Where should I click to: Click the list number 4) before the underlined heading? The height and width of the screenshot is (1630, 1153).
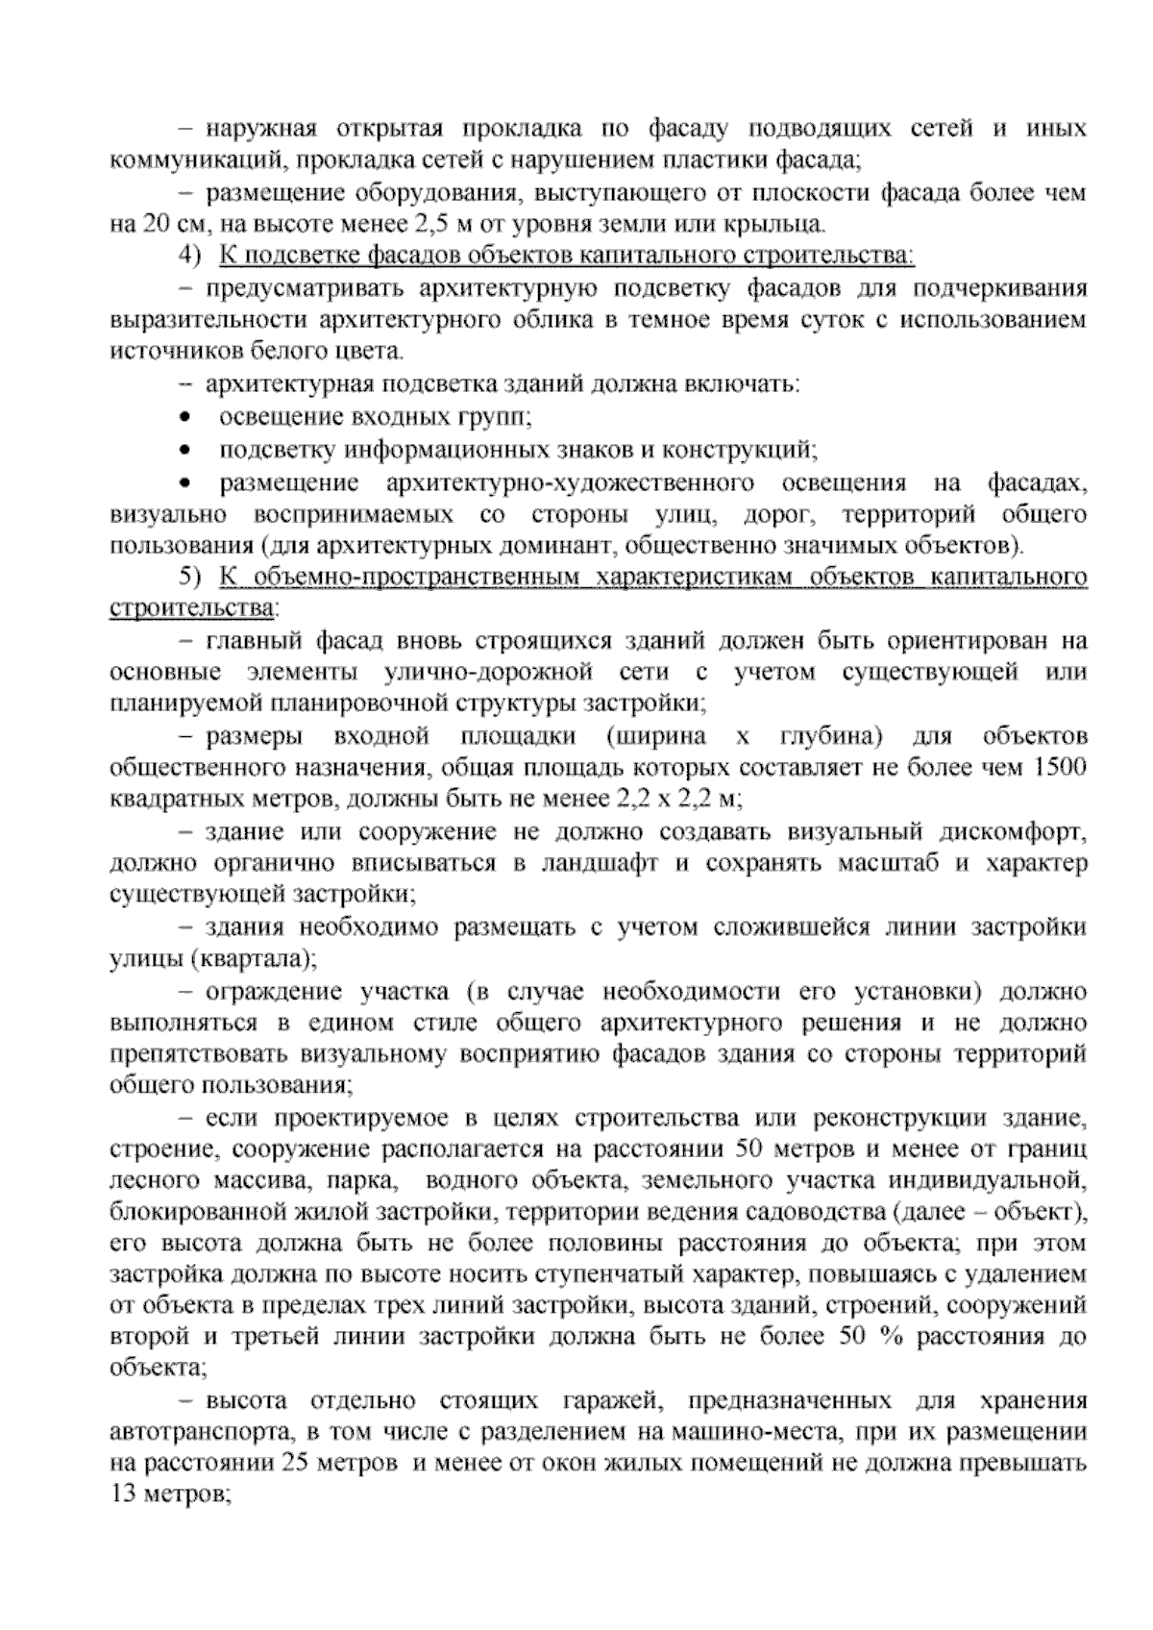pos(188,257)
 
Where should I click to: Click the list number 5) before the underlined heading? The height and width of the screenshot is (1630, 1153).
pos(188,578)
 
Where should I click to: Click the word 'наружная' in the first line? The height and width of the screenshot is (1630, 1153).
pos(252,129)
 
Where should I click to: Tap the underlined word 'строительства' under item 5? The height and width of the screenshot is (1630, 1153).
pos(191,609)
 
